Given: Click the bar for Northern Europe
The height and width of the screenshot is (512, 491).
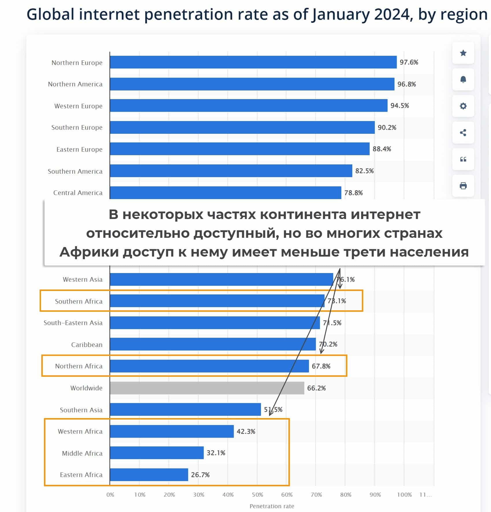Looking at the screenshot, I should coord(253,62).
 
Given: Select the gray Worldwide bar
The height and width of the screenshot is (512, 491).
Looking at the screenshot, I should coord(207,388).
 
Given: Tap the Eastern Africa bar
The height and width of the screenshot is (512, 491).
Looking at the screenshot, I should coord(149,474).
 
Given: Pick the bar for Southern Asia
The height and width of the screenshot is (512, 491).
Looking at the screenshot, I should coord(185,409).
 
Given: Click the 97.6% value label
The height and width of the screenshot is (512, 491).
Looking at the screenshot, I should coord(409,62).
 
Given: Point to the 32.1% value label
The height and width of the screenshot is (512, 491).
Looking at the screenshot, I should coord(216,453).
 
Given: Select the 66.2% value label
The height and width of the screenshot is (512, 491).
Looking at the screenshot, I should coord(316,388).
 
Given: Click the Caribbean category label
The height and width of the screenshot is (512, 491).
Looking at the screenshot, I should coord(87,345).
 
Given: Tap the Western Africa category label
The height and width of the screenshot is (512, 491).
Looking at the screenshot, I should coord(80,431).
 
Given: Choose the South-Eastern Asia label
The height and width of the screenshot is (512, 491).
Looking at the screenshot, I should coord(73,323).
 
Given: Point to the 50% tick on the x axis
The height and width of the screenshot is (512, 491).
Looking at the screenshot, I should coord(257,495).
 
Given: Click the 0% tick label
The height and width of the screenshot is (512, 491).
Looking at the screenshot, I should coord(110,495).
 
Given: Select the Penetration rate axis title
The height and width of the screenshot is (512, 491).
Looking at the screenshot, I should coord(272,506).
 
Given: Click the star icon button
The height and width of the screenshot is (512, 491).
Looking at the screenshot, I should coord(463,53).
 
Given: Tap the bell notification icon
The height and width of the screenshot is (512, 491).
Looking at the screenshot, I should coord(463,79).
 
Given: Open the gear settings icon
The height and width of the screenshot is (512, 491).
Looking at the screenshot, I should coord(463,106).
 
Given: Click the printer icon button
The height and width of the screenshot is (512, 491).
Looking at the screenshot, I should coord(463,186).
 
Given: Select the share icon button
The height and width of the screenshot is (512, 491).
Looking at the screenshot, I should coord(463,133).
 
